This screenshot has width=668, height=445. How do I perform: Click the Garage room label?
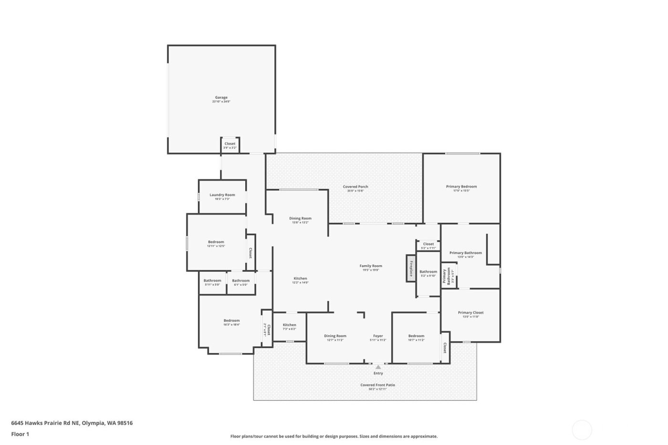221,98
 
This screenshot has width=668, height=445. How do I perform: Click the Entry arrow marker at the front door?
378,367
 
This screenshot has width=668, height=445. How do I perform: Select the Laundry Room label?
222,195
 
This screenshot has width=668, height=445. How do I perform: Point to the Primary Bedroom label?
461,187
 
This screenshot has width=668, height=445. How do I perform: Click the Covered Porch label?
355,187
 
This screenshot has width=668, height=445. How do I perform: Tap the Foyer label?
378,336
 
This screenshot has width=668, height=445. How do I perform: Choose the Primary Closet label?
470,313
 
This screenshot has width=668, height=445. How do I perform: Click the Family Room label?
371,266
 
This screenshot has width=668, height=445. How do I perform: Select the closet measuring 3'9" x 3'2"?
230,145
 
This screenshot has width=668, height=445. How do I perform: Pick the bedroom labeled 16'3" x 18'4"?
231,322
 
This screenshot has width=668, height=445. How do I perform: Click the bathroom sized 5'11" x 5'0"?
212,282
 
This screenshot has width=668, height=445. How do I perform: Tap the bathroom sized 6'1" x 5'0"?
240,282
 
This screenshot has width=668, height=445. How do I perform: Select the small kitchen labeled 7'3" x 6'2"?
289,326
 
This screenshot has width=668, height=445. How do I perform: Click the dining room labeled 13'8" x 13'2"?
300,219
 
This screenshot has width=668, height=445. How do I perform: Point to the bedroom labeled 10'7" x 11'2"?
416,337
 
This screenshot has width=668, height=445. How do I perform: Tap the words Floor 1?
20,434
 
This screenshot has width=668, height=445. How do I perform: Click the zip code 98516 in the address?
125,423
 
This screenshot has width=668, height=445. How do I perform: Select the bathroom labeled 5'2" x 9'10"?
428,273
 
